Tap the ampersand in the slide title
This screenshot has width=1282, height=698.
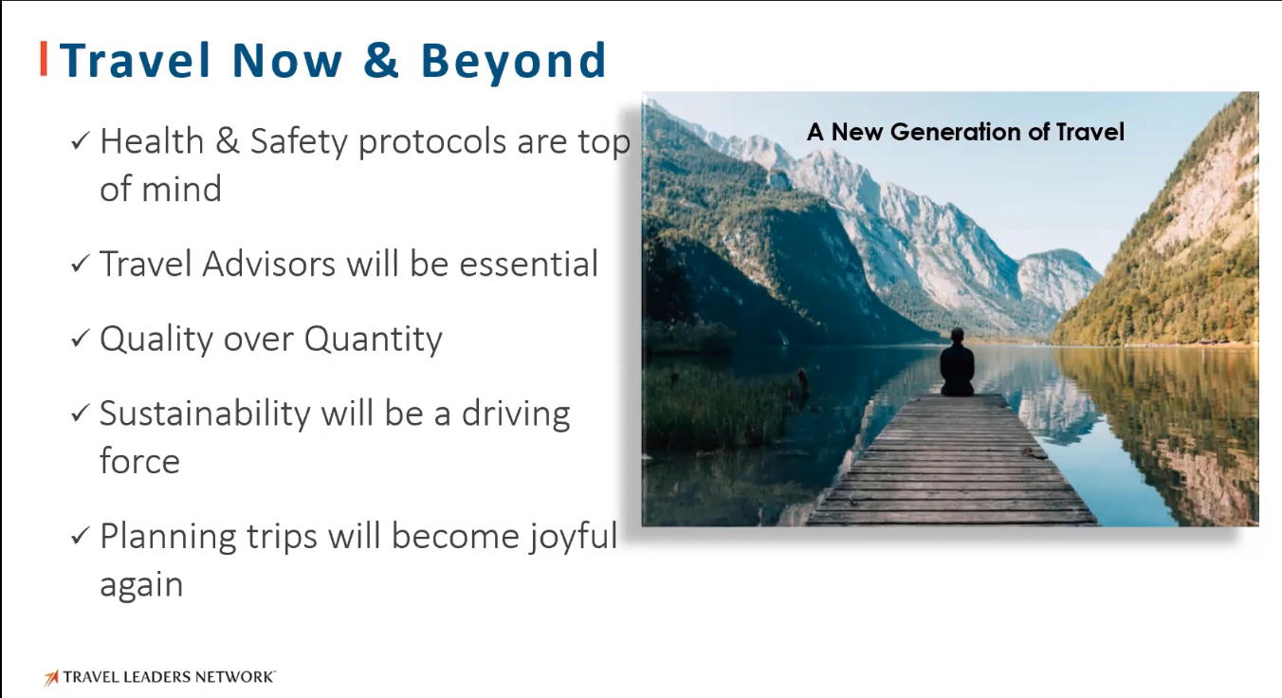[380, 59]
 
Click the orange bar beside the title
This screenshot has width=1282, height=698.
[43, 59]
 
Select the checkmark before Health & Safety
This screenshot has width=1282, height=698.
[80, 140]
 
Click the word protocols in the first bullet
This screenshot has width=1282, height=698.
[432, 142]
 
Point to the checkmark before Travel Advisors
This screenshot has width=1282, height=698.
[80, 264]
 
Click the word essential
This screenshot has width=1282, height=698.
[528, 264]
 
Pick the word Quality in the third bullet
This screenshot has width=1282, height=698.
[156, 340]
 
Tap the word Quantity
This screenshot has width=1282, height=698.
[374, 340]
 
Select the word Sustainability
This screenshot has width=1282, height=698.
[205, 414]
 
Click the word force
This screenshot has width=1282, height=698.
[139, 461]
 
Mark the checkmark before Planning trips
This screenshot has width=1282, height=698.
[80, 536]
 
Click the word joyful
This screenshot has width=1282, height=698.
[573, 538]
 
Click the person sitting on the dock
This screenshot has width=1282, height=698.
[957, 362]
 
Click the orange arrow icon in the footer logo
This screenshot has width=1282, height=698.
[51, 677]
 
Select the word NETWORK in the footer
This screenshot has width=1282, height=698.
[234, 677]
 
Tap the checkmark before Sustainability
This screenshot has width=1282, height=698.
[80, 413]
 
